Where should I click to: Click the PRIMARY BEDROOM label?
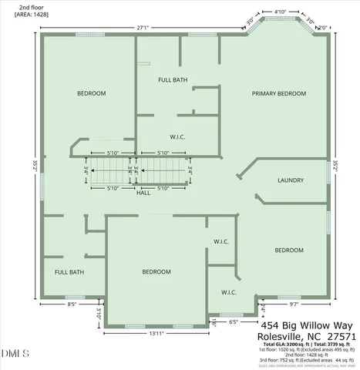(x=279, y=93)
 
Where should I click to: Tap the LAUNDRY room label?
(x=290, y=181)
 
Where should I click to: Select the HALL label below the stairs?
(x=143, y=193)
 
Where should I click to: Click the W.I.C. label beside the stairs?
(x=178, y=137)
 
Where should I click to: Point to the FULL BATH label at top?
(x=173, y=79)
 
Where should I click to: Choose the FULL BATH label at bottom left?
(x=69, y=272)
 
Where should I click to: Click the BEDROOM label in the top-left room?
(x=91, y=93)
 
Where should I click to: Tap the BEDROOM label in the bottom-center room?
(x=156, y=272)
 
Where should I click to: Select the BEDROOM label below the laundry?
(x=289, y=250)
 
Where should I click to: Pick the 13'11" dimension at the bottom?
(x=157, y=332)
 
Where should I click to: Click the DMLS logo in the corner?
(x=13, y=354)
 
